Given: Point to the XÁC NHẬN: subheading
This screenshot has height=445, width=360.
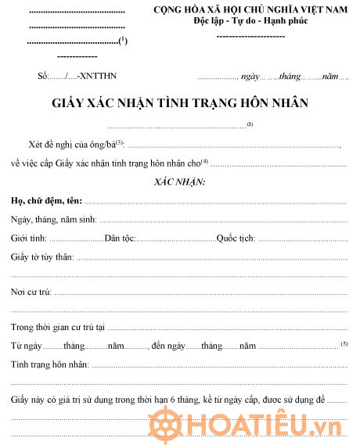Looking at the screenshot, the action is pos(179,181).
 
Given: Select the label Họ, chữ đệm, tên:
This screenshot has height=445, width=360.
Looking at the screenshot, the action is pos(46,201).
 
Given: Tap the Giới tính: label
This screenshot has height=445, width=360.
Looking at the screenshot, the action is pos(29,237).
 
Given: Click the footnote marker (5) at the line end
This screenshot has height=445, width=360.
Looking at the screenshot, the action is pos(344,343).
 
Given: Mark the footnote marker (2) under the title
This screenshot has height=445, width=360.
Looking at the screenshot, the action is pos(250,124).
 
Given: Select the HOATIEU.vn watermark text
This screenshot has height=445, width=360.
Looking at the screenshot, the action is pos(266,423).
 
